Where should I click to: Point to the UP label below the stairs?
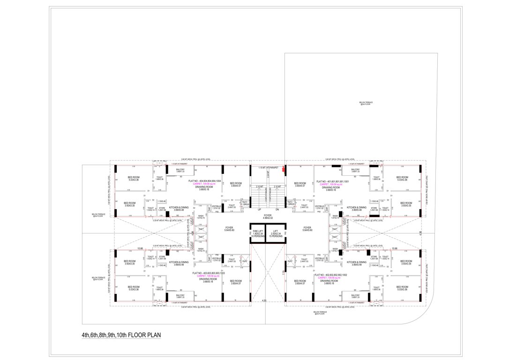[259, 210]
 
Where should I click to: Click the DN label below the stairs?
[277, 210]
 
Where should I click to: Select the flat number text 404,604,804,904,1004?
[204, 180]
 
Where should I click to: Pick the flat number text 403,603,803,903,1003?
[204, 272]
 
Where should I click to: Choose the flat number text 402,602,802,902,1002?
[331, 274]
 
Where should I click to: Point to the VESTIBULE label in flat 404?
[216, 206]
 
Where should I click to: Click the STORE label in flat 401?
[374, 208]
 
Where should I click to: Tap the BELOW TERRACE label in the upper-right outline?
[365, 103]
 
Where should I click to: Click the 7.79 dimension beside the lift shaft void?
[284, 270]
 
